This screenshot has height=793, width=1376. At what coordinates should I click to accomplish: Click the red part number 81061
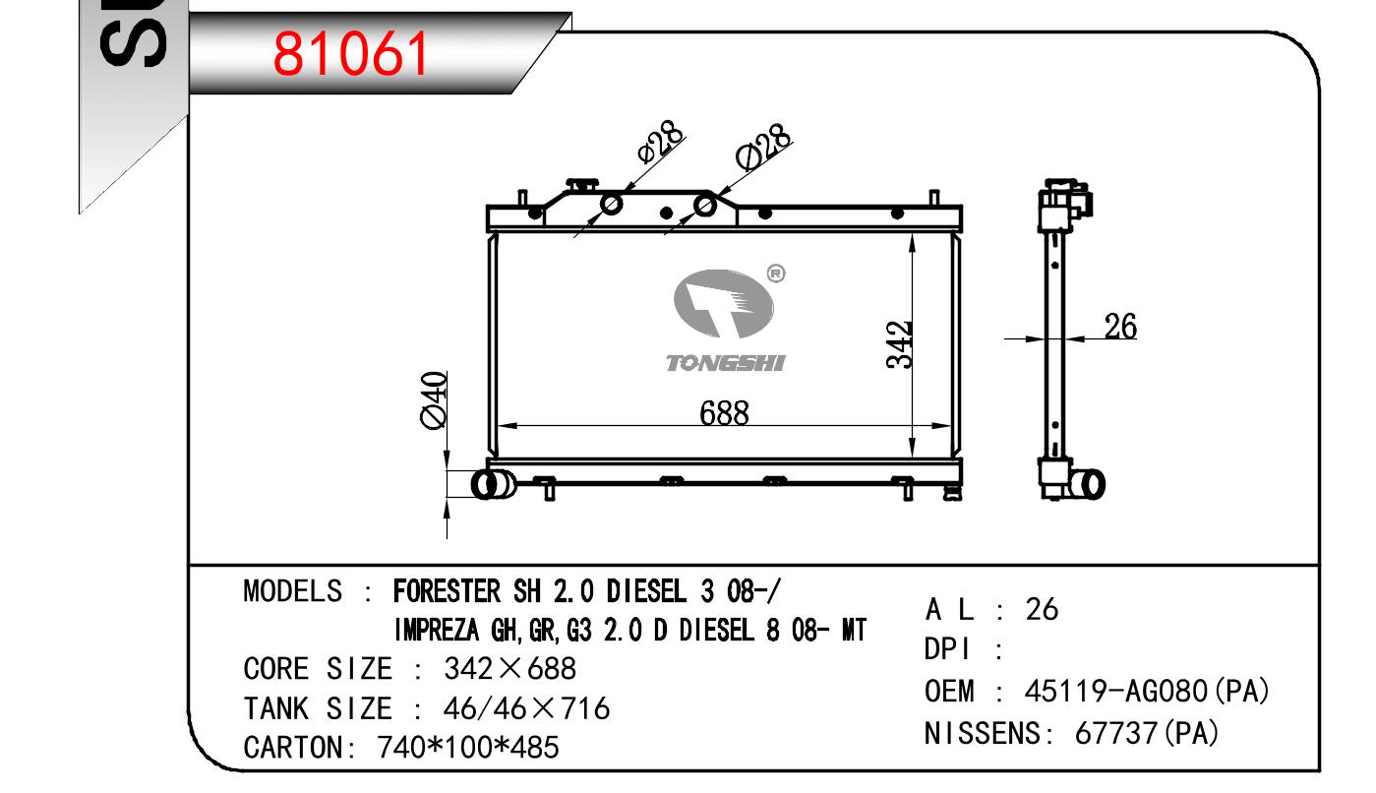click(x=350, y=54)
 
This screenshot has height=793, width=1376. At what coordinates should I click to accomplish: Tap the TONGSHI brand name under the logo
click(x=726, y=363)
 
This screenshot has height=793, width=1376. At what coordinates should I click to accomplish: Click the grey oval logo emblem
click(x=723, y=303)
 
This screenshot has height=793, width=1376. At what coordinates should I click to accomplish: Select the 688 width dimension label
click(x=724, y=413)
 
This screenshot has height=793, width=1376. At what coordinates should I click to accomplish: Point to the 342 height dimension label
click(x=899, y=344)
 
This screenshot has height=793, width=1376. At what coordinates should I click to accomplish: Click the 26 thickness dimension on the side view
click(x=1120, y=327)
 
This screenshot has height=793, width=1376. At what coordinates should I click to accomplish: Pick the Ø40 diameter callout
click(x=434, y=399)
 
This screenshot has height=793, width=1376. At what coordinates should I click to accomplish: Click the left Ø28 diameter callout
click(x=660, y=142)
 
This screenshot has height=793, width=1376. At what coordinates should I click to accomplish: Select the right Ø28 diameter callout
click(x=763, y=147)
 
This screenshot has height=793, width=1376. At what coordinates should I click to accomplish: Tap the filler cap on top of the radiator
click(x=581, y=184)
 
